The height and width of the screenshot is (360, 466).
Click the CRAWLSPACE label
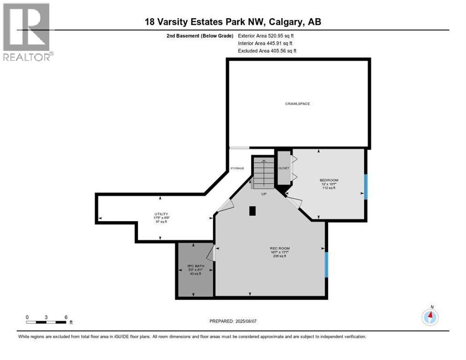(x=298, y=104)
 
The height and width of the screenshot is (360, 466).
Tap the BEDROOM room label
(x=329, y=180)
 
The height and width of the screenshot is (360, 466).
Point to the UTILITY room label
(x=161, y=214)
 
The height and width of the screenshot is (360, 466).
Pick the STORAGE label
(x=237, y=168)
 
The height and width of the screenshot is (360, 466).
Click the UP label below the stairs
(x=264, y=194)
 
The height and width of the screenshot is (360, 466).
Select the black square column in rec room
(x=253, y=211)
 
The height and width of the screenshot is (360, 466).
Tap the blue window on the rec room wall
(x=327, y=265)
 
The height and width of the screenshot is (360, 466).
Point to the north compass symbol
(x=430, y=317)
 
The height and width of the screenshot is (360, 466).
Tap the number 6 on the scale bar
(x=66, y=317)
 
